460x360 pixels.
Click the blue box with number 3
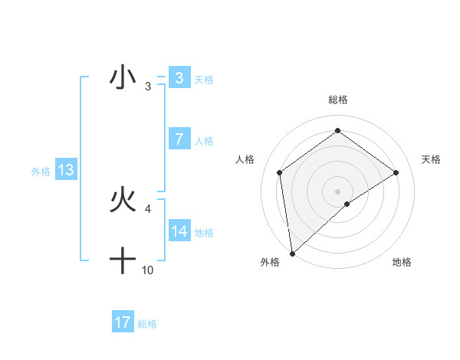pos(179,77)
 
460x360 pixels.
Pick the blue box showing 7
pos(179,139)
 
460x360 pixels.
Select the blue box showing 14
pos(179,231)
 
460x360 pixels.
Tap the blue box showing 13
pos(65,170)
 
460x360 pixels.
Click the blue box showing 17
pos(122,322)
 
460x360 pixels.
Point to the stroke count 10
pos(148,270)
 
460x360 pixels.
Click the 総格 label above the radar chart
pos(337,100)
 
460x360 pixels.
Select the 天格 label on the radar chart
pos(431,159)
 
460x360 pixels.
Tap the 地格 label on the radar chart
pos(402,262)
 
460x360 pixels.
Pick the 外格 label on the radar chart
pos(270,262)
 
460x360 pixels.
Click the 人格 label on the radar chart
pos(245,159)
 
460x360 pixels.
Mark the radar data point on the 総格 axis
pos(337,131)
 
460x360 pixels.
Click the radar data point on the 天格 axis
pos(396,172)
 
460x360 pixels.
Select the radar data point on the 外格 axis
pos(292,254)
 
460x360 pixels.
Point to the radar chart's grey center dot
pos(337,191)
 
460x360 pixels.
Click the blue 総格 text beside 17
pos(147,324)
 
